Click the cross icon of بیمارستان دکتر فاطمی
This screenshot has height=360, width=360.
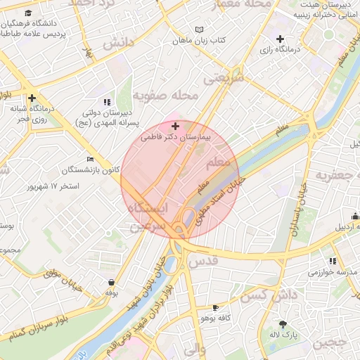coord(175,125)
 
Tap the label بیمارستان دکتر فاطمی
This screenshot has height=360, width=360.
coord(175,139)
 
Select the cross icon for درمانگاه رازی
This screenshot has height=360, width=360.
coord(281,39)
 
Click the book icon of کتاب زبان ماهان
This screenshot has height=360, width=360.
coord(199,30)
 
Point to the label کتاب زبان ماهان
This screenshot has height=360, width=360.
coord(200,42)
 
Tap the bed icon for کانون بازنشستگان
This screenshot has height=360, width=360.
coord(89,158)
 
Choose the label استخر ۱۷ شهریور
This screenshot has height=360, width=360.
coord(53,186)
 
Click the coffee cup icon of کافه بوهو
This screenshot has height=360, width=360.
coord(215,307)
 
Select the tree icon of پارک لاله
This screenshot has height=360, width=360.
coord(283,324)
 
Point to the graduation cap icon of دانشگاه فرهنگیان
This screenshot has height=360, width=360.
coord(27,13)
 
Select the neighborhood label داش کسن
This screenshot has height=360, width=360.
coord(263,296)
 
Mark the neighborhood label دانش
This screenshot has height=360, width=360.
coord(118,44)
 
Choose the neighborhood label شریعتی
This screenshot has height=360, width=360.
coord(223,78)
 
